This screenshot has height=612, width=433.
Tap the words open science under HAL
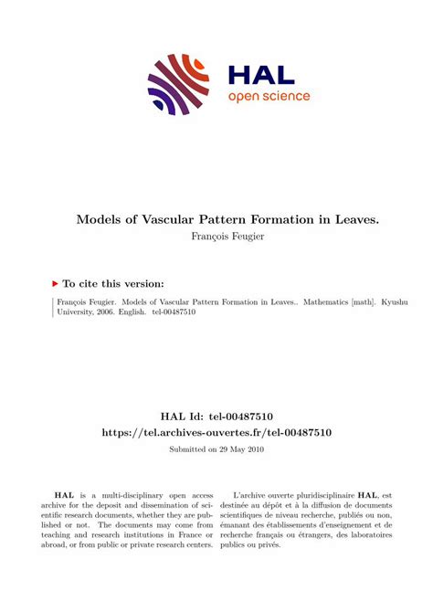coord(269,96)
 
